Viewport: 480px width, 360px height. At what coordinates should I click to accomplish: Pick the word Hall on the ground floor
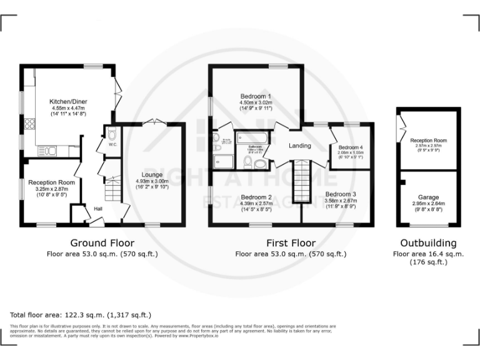point(98,208)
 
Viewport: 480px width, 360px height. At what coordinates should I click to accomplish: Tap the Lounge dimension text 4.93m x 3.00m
point(152,182)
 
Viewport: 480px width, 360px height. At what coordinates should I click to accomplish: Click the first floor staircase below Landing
point(302,181)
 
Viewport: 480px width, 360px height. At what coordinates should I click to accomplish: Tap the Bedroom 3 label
point(341,194)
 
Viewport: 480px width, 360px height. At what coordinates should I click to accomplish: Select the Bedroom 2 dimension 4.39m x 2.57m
point(257,204)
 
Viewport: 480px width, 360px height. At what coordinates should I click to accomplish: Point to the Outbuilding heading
point(429,243)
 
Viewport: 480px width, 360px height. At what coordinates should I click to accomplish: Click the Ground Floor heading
point(102,243)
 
